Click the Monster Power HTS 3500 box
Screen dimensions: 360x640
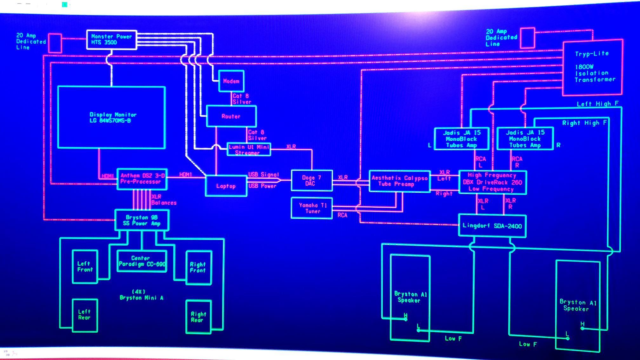pyautogui.click(x=111, y=40)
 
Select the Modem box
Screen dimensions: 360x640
pyautogui.click(x=231, y=81)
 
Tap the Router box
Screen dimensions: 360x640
pyautogui.click(x=231, y=117)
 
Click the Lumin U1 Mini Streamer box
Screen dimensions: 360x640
pyautogui.click(x=249, y=150)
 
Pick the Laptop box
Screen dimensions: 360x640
pyautogui.click(x=226, y=186)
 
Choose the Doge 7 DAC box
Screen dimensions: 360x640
pyautogui.click(x=311, y=181)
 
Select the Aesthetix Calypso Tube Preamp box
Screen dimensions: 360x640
pyautogui.click(x=399, y=181)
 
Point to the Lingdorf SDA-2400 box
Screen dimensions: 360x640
pyautogui.click(x=492, y=226)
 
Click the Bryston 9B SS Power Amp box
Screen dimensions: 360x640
pyautogui.click(x=142, y=220)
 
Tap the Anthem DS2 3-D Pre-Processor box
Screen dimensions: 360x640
pyautogui.click(x=142, y=179)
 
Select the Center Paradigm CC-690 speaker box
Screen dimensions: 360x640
pyautogui.click(x=142, y=261)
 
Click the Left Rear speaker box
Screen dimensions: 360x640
pyautogui.click(x=84, y=315)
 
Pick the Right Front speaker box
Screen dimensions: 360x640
pyautogui.click(x=198, y=268)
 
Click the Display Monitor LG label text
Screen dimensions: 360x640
pyautogui.click(x=113, y=117)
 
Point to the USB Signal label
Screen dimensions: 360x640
pyautogui.click(x=263, y=174)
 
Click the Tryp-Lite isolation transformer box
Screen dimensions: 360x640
pyautogui.click(x=592, y=67)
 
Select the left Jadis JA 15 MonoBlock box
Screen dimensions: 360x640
pyautogui.click(x=461, y=139)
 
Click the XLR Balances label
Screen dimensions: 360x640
pyautogui.click(x=163, y=200)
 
